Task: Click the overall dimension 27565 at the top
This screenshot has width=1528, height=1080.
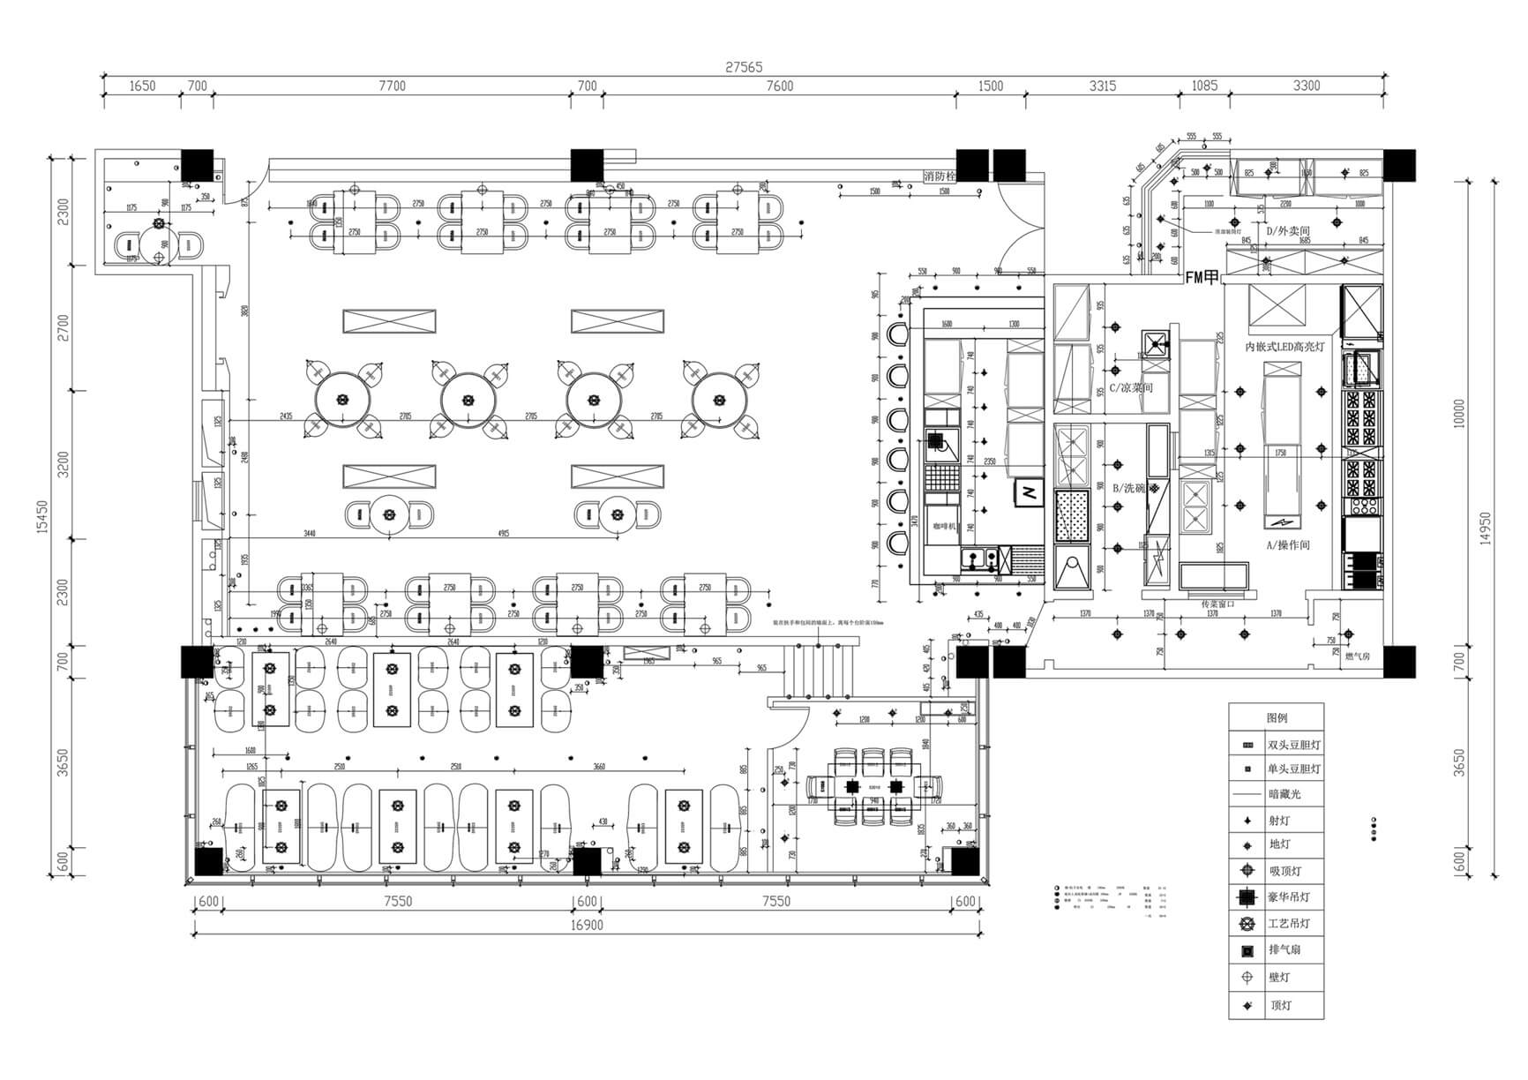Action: (x=744, y=67)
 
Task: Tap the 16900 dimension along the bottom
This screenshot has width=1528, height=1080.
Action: (x=586, y=926)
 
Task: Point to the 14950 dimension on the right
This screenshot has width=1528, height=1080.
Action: (x=1485, y=529)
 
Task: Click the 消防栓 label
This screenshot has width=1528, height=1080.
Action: (x=940, y=176)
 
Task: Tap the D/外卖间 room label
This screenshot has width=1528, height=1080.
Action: (x=1288, y=231)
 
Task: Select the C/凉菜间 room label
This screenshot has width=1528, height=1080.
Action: (x=1131, y=387)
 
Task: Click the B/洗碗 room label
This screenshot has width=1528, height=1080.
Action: (x=1128, y=488)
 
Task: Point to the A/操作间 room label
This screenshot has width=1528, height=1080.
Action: (x=1289, y=545)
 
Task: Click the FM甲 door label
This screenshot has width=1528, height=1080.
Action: (x=1202, y=277)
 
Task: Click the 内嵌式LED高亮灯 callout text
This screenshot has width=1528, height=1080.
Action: (x=1285, y=347)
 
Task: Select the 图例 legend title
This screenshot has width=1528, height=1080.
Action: (x=1277, y=717)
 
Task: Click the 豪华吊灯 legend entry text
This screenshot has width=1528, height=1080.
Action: (x=1289, y=897)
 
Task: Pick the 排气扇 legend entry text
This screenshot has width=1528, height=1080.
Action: (x=1284, y=950)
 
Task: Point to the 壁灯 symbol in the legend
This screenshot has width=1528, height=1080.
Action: (x=1247, y=978)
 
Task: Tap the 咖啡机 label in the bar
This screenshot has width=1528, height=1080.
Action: (x=945, y=526)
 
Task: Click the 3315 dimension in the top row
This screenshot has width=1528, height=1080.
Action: (x=1102, y=86)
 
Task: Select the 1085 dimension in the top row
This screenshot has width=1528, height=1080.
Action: (x=1204, y=86)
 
